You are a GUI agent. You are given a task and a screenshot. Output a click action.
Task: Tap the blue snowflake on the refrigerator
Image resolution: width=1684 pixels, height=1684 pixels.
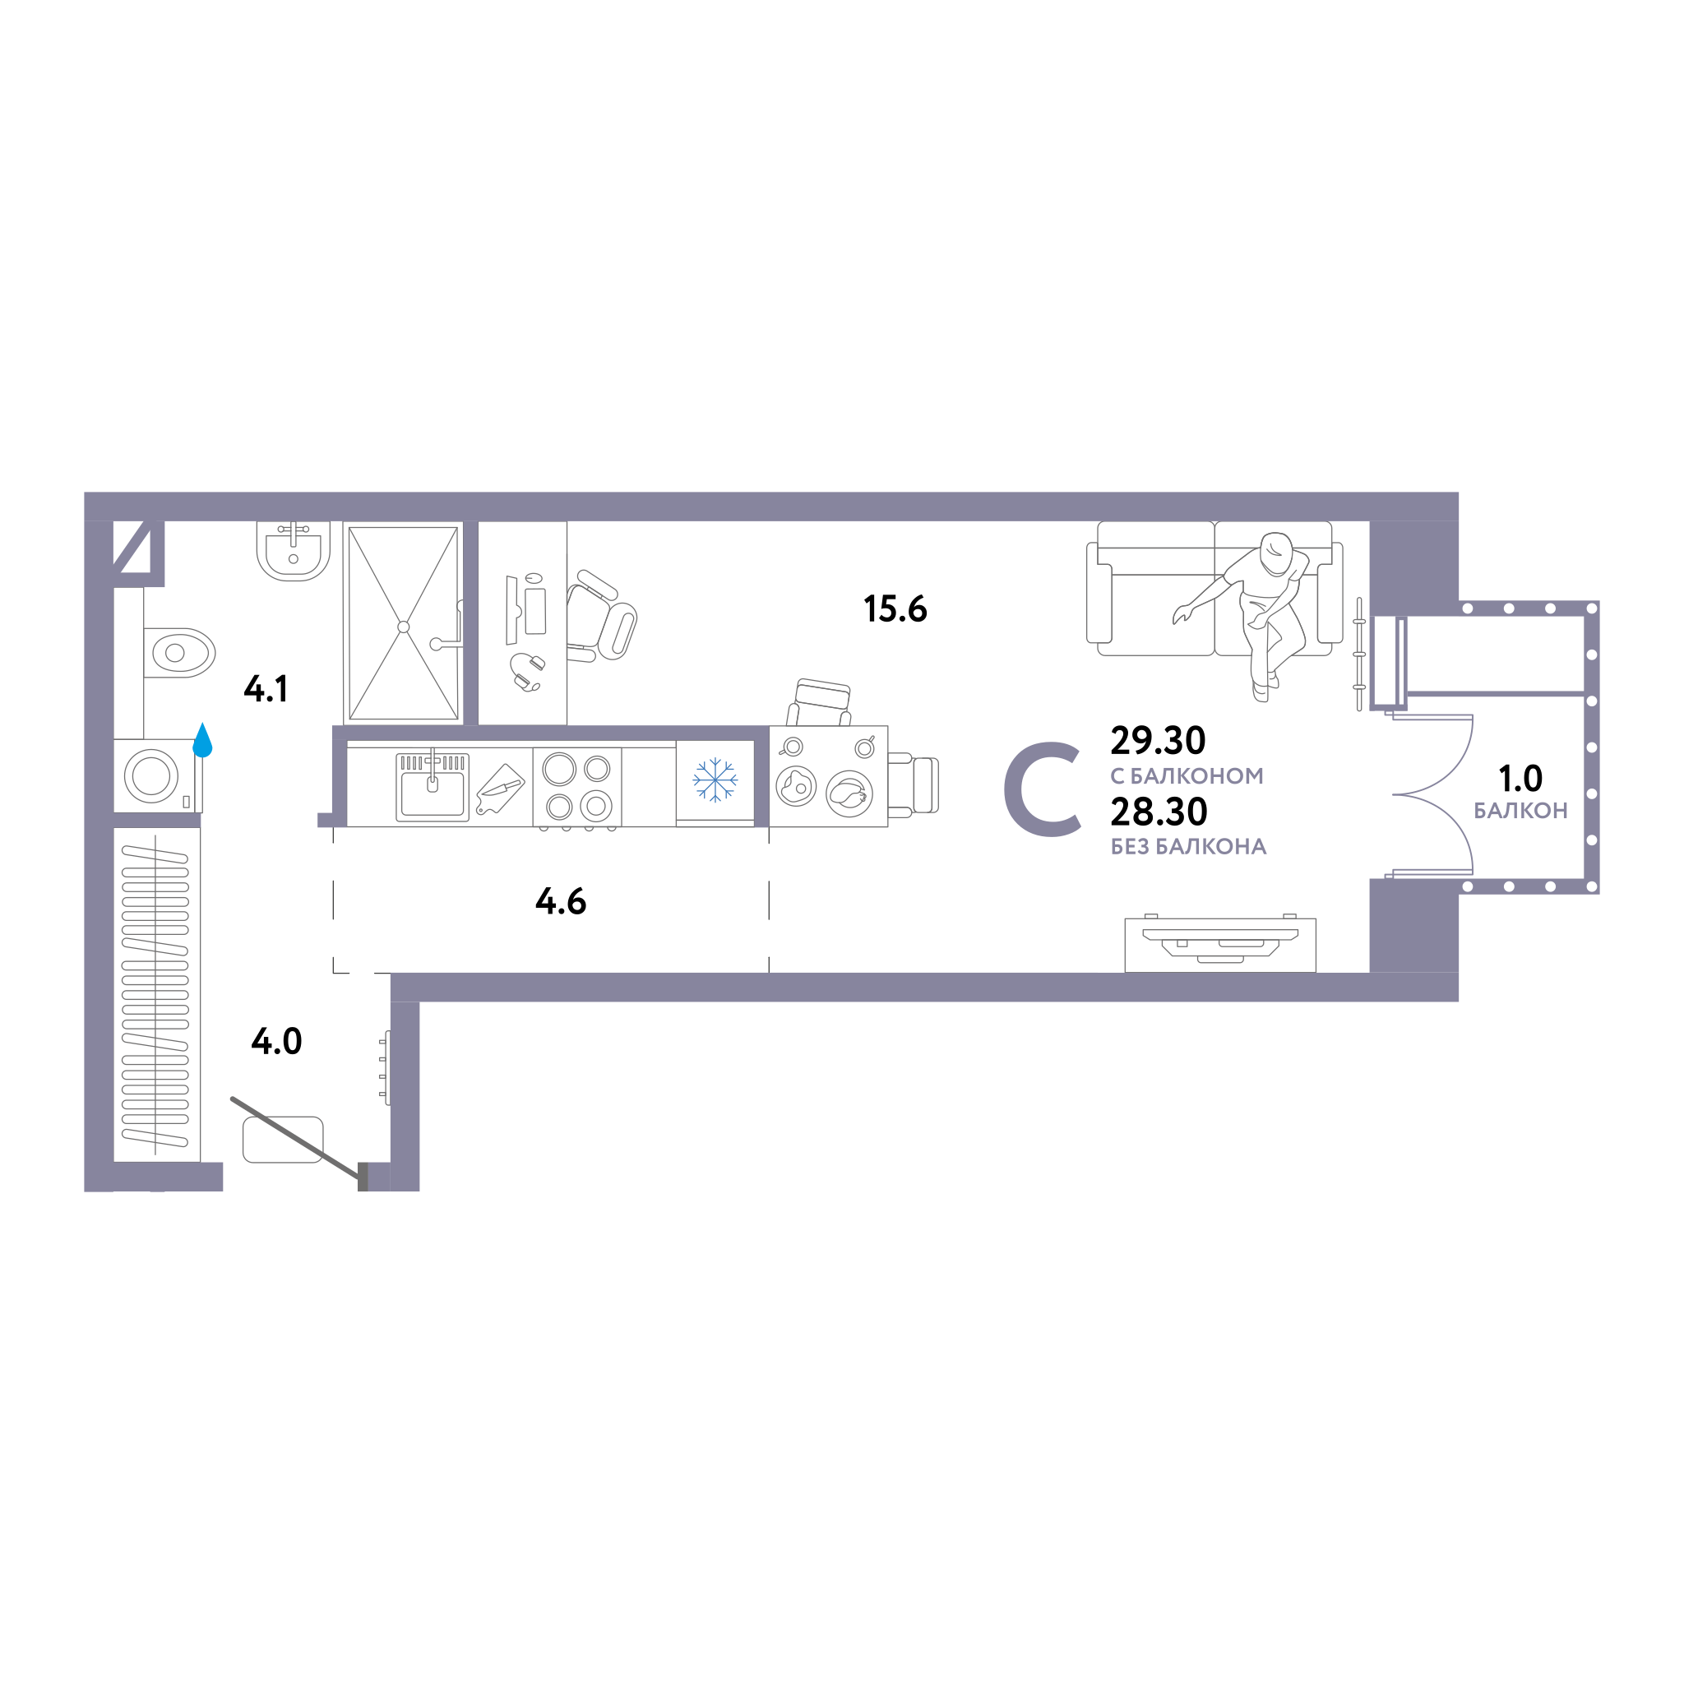(x=715, y=780)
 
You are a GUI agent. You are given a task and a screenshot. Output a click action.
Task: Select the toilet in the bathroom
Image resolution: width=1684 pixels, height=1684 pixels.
(x=178, y=653)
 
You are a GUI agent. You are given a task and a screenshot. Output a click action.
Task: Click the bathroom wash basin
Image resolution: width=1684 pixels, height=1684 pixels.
(x=294, y=551)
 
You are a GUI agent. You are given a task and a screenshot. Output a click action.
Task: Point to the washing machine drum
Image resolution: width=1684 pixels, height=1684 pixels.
(x=151, y=775)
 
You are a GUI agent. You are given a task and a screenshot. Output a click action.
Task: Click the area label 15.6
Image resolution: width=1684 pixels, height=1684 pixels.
(x=895, y=609)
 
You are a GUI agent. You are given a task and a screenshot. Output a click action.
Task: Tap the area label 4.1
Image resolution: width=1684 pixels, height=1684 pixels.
(x=266, y=688)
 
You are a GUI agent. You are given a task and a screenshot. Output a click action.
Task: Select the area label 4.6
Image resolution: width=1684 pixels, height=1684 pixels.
(x=561, y=901)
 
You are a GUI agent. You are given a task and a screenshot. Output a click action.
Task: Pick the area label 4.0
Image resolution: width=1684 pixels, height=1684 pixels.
(x=276, y=1041)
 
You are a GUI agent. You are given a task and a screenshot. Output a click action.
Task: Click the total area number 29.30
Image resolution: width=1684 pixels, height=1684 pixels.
(x=1158, y=740)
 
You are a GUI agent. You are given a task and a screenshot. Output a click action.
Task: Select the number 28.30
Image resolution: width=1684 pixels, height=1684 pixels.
(x=1159, y=812)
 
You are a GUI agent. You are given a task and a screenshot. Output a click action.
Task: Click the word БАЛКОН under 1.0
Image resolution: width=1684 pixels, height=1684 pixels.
(x=1520, y=811)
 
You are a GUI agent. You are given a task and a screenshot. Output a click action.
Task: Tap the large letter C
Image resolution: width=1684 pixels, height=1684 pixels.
(x=1043, y=789)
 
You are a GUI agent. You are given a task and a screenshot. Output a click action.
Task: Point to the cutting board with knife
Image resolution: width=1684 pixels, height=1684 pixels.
(x=499, y=789)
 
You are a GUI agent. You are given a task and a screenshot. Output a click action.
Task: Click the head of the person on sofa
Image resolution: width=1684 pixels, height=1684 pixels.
(x=1277, y=553)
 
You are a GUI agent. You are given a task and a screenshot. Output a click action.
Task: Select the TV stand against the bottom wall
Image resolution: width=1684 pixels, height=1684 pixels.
(x=1220, y=945)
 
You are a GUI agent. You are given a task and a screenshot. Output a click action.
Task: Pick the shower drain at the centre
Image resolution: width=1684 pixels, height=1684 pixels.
(x=404, y=627)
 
